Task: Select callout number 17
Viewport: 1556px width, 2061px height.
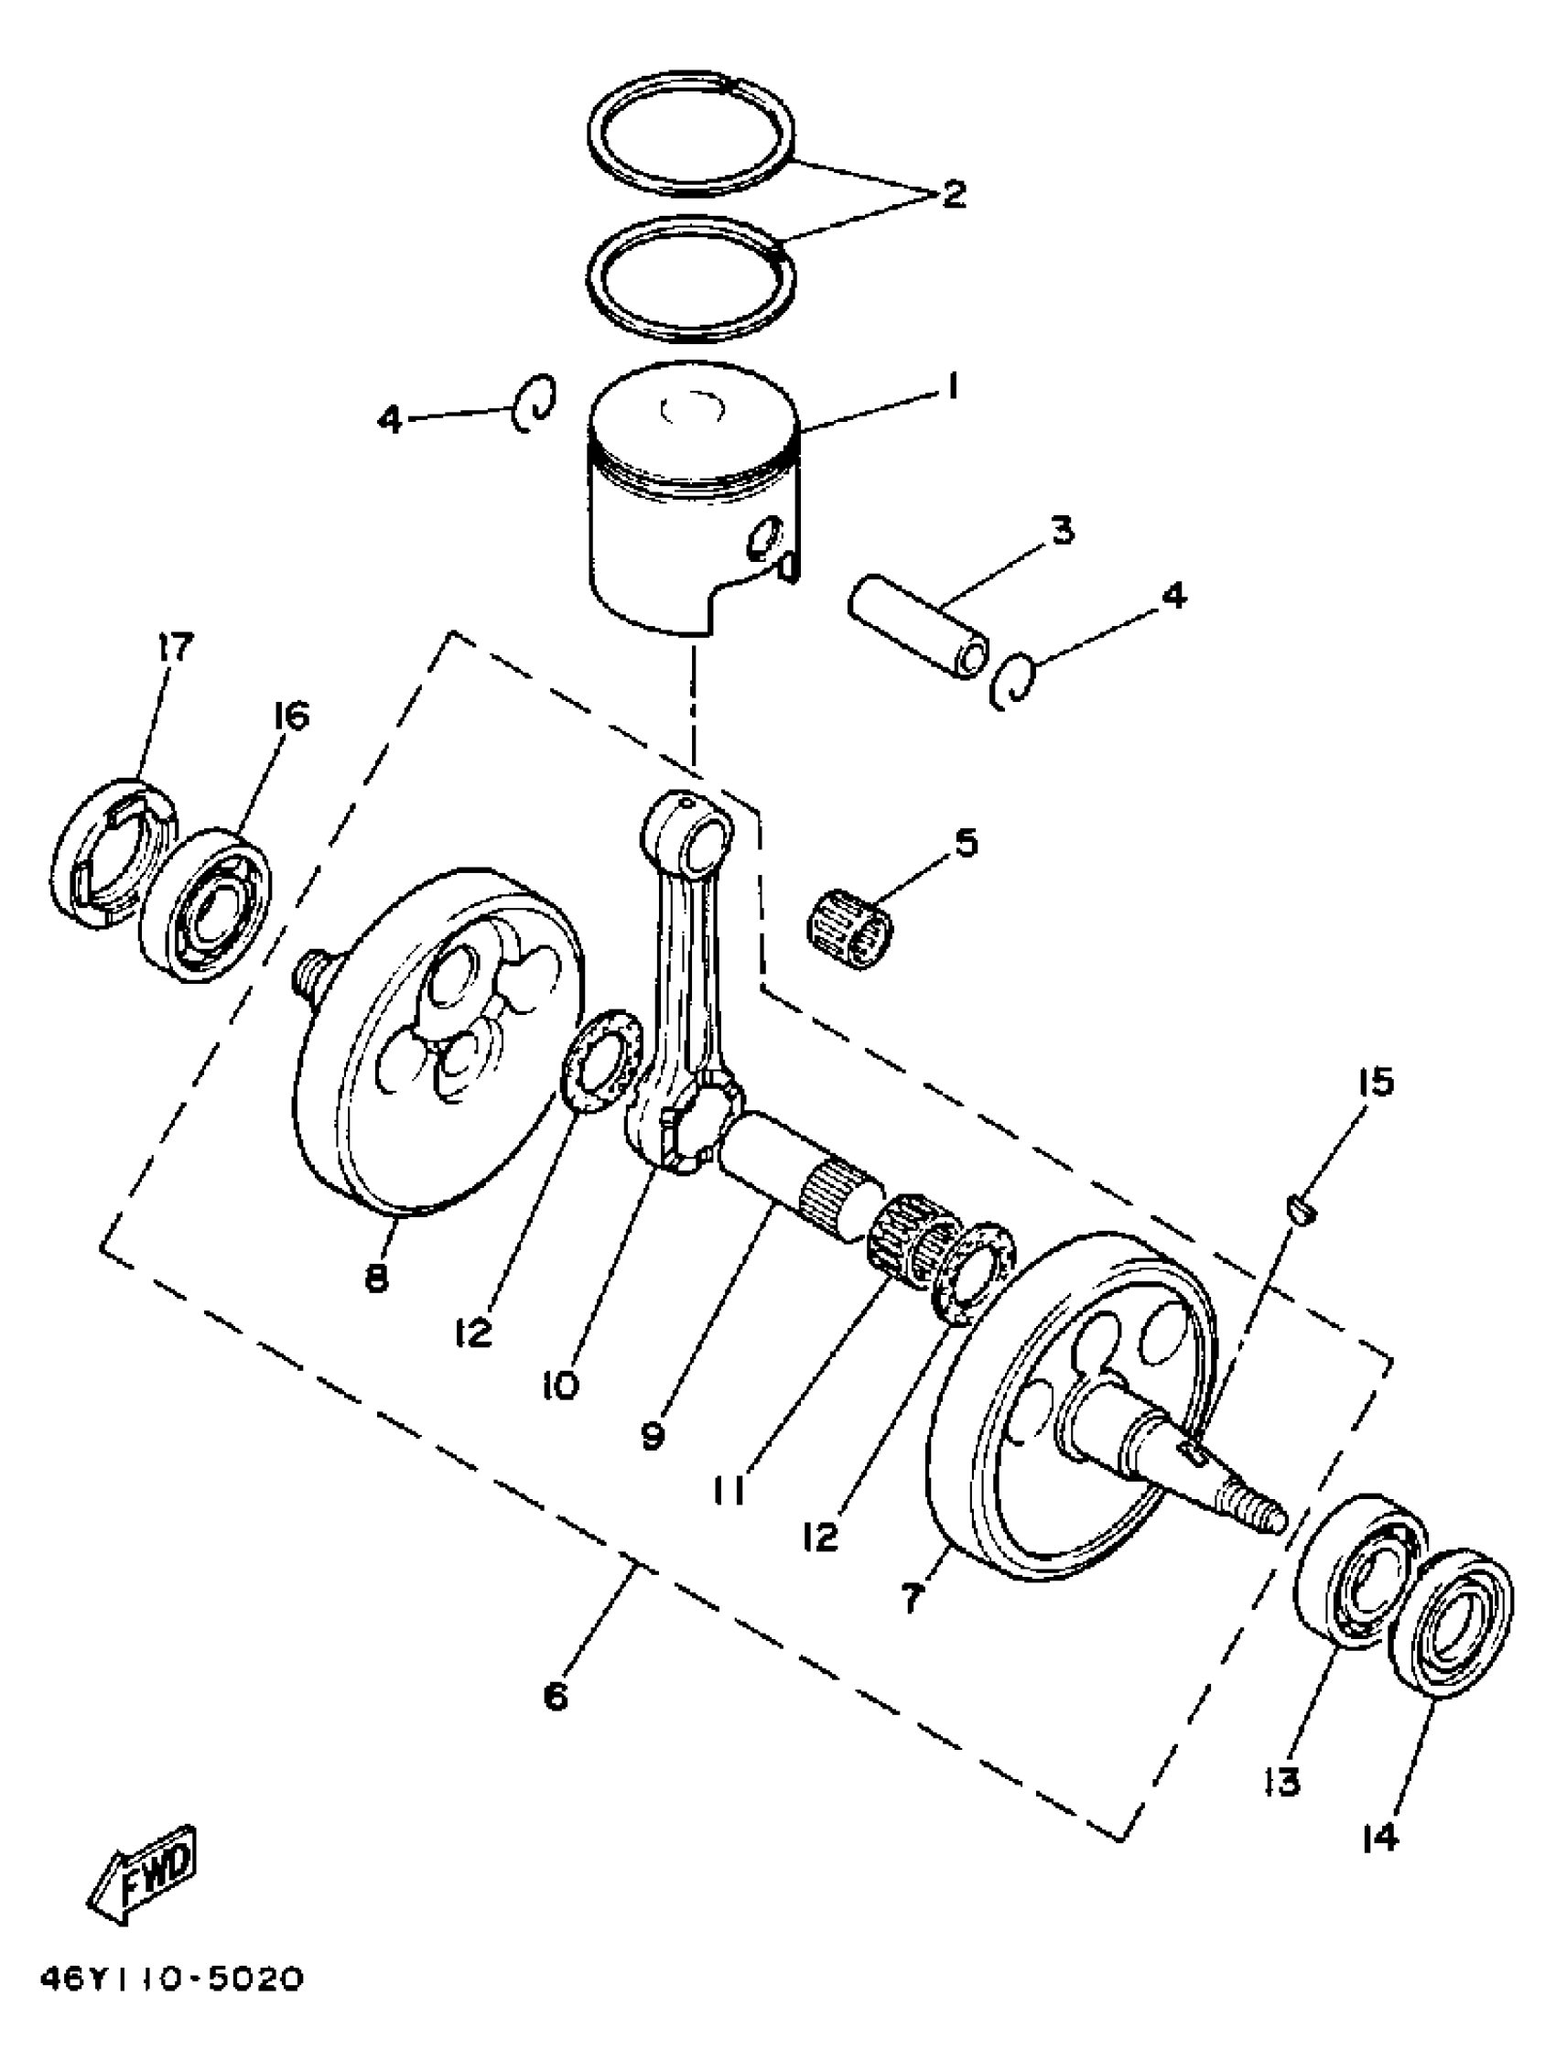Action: click(176, 646)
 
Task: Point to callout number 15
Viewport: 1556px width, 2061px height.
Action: click(1377, 1083)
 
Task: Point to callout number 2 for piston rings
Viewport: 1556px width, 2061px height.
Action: click(953, 195)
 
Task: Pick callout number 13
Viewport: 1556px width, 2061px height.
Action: click(1283, 1782)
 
